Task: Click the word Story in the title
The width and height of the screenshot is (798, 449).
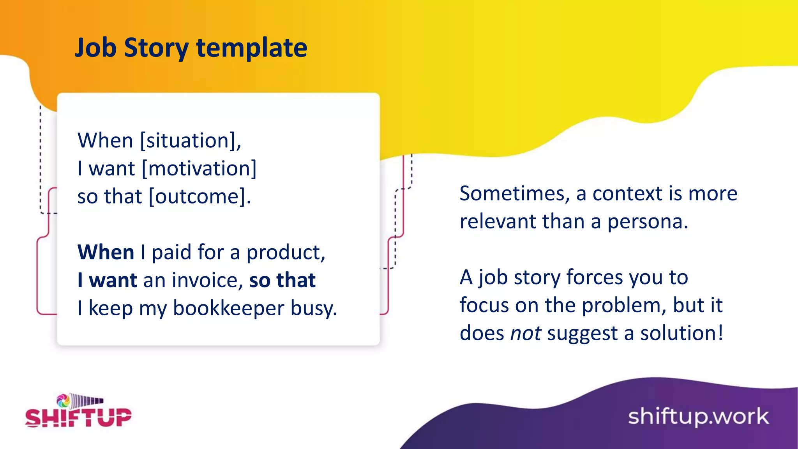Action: coord(156,48)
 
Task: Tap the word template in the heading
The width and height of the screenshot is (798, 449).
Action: coord(252,48)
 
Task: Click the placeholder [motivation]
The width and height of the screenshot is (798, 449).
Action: coord(199,168)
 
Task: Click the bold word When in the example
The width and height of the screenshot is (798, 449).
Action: coord(106,252)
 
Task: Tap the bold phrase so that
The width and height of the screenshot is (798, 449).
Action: coord(282,280)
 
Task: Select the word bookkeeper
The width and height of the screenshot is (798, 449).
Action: coord(228,308)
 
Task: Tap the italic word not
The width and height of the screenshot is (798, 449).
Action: coord(525,333)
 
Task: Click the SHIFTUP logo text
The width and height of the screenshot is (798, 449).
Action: coord(78,418)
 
